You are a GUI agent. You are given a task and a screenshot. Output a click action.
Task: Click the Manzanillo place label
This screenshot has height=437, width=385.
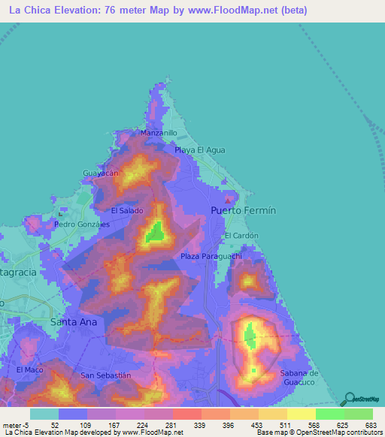click(x=159, y=133)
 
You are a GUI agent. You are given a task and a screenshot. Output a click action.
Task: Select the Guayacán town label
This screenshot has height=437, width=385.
click(x=101, y=173)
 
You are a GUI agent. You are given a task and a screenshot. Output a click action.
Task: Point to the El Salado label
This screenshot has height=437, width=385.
click(x=127, y=212)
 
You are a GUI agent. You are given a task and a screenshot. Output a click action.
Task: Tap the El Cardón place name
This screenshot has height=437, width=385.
click(x=241, y=236)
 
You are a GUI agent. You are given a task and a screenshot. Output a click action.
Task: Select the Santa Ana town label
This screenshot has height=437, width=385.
click(x=73, y=321)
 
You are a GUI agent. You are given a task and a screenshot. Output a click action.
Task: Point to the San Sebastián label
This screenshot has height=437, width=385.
click(x=106, y=375)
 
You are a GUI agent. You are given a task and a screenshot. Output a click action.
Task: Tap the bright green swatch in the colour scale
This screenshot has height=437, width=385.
click(x=329, y=414)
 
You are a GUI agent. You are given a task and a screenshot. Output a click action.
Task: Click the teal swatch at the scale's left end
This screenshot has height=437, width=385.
click(x=44, y=414)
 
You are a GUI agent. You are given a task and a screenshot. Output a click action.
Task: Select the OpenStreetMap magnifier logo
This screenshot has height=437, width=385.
click(x=350, y=399)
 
